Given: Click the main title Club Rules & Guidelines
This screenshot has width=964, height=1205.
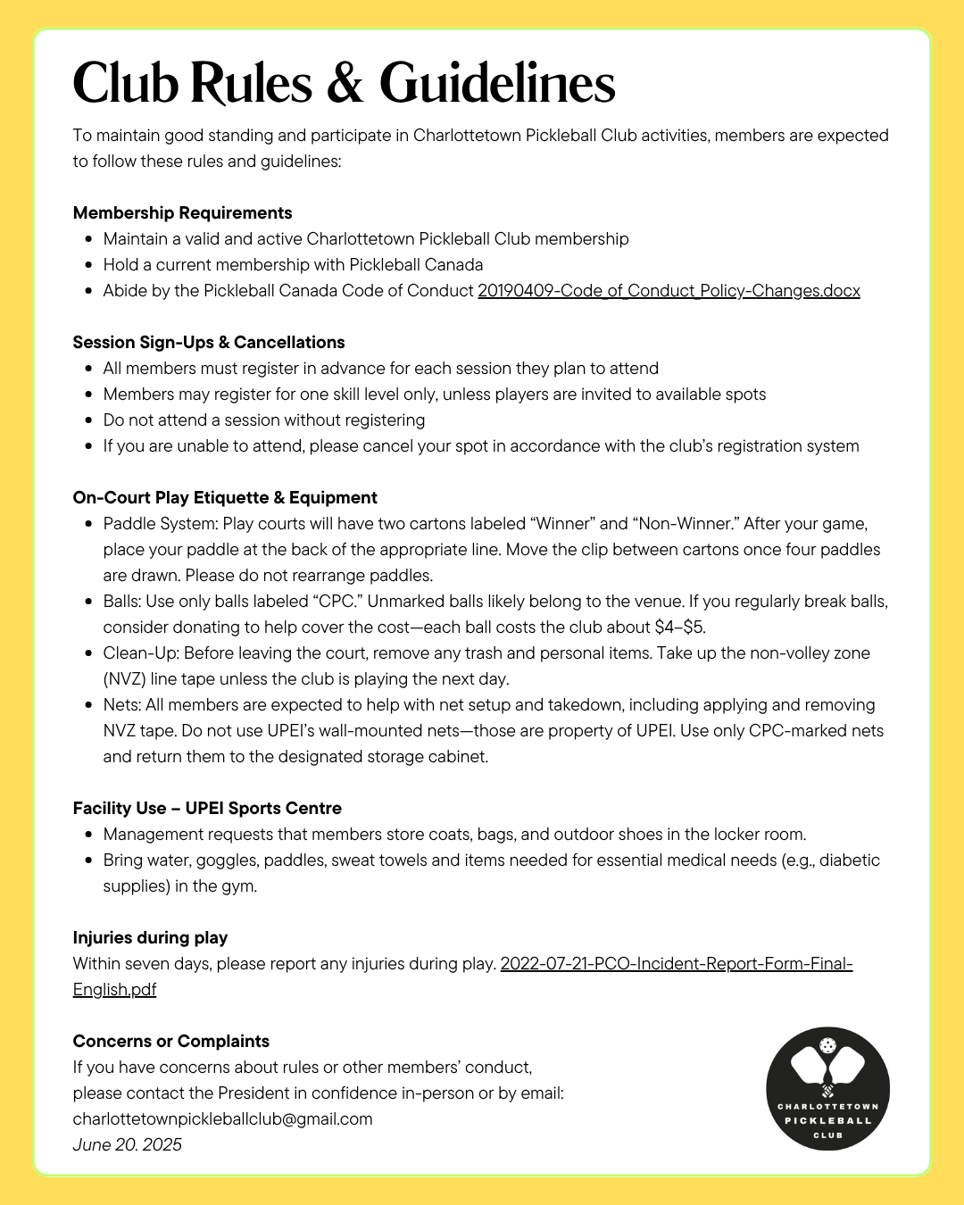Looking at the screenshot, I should (x=344, y=84).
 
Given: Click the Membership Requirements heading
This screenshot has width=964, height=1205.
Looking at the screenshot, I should (x=182, y=212).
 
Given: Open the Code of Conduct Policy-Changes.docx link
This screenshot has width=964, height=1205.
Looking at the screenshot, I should (x=669, y=290).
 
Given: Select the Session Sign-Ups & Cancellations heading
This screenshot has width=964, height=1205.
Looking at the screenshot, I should (x=209, y=342).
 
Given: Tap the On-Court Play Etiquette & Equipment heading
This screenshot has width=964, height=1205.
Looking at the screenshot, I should (x=225, y=497).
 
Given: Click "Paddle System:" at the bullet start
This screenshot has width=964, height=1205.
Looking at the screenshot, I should (x=161, y=523).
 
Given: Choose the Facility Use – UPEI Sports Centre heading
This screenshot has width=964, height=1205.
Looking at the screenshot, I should (x=207, y=808).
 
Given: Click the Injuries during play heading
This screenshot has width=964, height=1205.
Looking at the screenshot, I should (x=150, y=937).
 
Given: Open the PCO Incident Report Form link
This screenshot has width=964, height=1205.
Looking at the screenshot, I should (x=676, y=963).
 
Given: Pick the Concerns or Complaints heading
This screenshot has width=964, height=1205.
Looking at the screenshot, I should (x=170, y=1041).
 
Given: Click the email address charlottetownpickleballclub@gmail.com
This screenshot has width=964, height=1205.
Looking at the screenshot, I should (x=222, y=1118).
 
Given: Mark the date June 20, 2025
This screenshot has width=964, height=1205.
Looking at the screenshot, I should (x=127, y=1144).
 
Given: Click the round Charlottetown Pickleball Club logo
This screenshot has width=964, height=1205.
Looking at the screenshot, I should (x=827, y=1088).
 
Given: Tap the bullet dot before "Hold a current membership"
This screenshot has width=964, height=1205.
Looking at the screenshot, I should (x=88, y=265).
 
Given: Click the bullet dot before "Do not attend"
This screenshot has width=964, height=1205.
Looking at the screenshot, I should (x=88, y=420).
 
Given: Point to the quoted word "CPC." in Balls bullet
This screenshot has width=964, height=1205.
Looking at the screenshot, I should (x=337, y=601).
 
